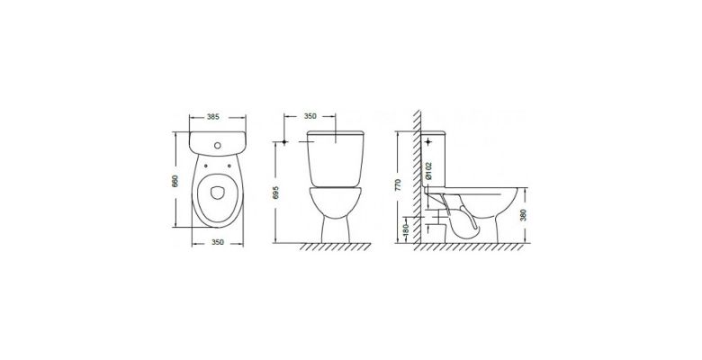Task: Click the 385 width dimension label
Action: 213,117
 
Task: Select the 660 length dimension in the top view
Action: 175,180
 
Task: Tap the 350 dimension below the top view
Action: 217,242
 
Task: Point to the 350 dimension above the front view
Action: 310,116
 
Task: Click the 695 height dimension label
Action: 275,193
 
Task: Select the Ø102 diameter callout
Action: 428,171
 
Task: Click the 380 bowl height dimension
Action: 523,215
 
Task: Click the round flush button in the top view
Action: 218,145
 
